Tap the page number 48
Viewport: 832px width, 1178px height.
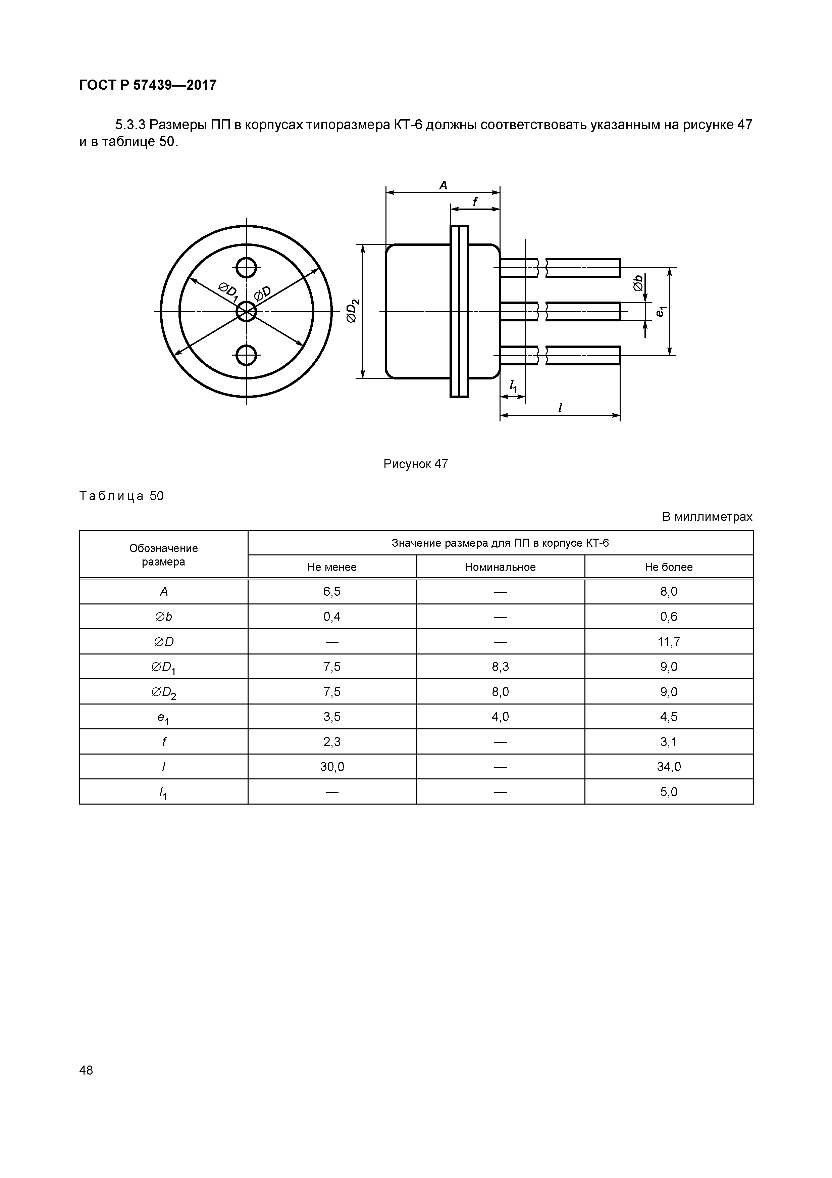click(86, 1070)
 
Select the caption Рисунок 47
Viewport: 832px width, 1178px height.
click(415, 464)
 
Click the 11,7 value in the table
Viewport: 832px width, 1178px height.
click(669, 642)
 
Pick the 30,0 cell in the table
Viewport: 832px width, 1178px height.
click(332, 767)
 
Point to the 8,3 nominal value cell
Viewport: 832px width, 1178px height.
click(500, 667)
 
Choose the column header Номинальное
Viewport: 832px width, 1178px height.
click(500, 567)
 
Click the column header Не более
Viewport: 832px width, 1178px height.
click(669, 567)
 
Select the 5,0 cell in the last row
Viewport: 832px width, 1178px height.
click(669, 792)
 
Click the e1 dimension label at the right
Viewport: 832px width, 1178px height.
click(661, 311)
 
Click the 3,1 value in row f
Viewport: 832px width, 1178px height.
click(669, 741)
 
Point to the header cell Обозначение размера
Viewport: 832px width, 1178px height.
click(163, 555)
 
